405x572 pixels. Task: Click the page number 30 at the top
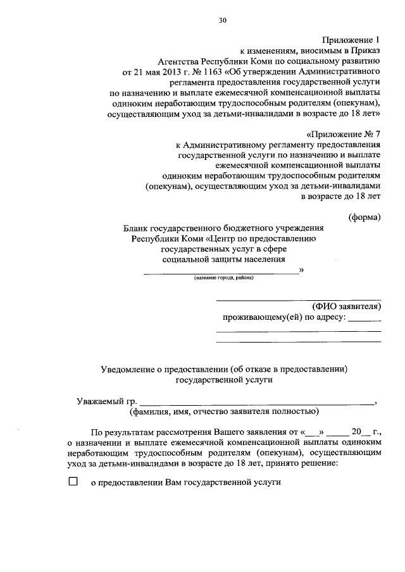click(x=223, y=20)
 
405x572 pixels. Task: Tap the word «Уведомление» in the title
click(x=132, y=369)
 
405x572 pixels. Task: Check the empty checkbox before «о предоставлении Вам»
click(x=72, y=481)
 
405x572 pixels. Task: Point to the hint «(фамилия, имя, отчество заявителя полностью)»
click(x=223, y=412)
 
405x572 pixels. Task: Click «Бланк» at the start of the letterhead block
click(x=136, y=228)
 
